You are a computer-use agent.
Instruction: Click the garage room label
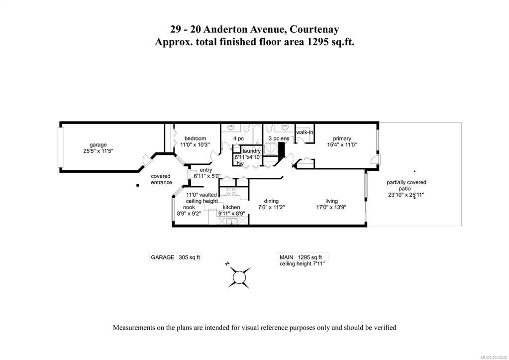point(98,145)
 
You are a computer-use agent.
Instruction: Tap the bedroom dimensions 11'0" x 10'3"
point(196,144)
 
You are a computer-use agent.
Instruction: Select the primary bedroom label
point(342,139)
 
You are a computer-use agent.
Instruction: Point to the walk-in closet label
point(305,132)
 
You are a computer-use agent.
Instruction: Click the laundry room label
point(252,151)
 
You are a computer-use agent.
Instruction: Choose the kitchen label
point(231,207)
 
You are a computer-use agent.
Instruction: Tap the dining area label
point(271,201)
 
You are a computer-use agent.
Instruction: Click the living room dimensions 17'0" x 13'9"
point(331,207)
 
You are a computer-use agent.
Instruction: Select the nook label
point(189,207)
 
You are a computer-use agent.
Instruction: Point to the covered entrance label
point(161,179)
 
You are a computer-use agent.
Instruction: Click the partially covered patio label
point(406,186)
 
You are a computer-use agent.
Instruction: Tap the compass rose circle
point(239,277)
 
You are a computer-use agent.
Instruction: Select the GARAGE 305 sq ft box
point(175,257)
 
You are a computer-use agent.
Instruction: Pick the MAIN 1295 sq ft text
point(301,257)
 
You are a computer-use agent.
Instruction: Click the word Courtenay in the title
point(314,29)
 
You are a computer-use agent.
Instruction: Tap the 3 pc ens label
point(279,139)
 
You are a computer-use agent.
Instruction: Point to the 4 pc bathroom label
point(238,139)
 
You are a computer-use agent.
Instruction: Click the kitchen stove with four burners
point(231,192)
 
